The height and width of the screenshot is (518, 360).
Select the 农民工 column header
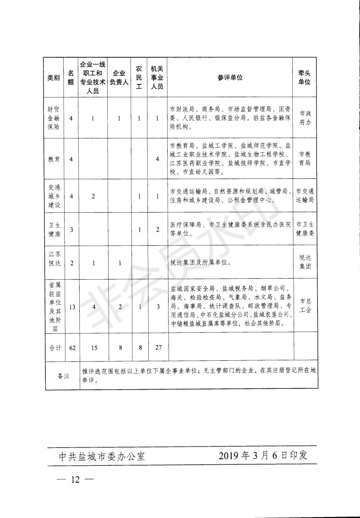pos(139,77)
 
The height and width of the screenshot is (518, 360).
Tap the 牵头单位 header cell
pos(305,77)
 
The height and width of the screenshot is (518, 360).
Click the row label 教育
pos(54,159)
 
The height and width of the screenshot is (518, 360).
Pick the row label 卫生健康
pos(54,229)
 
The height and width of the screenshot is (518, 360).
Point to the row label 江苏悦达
pos(54,263)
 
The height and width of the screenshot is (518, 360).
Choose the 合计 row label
pos(54,348)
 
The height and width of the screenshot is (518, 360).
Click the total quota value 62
pos(72,348)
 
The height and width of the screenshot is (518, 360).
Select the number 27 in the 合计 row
pos(158,348)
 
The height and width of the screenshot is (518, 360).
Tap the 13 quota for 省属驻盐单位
pos(72,307)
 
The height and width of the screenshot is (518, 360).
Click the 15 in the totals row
pos(93,348)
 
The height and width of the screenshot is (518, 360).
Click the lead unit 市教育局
pos(305,159)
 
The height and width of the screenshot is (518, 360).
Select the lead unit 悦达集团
pos(305,263)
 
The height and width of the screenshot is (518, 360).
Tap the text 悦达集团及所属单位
pos(200,263)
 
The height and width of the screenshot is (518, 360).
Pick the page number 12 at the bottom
pos(75,480)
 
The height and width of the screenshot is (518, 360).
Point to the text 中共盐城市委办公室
pos(102,457)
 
